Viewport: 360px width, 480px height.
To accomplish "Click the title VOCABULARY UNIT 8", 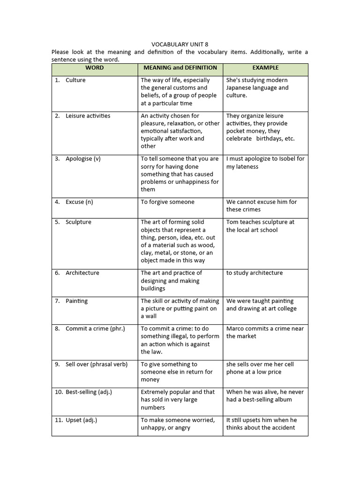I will click(180, 45).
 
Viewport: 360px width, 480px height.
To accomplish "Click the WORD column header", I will click(95, 68).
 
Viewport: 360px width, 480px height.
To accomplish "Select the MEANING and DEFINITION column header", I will click(180, 68).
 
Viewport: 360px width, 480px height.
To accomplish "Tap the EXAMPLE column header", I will click(265, 68).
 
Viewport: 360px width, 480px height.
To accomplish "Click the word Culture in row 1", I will click(75, 80).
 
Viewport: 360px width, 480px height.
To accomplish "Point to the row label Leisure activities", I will click(88, 116).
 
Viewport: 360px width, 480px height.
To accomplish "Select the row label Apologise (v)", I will click(83, 159).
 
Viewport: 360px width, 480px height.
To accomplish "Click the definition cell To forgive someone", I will click(167, 202).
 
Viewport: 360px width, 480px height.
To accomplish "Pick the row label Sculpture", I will click(78, 222).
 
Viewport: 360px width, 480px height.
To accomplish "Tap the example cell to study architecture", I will click(255, 273).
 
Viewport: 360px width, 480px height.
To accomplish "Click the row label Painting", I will click(76, 301).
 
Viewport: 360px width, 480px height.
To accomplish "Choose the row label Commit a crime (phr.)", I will click(95, 329).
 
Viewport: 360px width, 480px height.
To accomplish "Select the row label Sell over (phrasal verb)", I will click(97, 364).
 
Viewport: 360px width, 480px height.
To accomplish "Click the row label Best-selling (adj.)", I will click(89, 392).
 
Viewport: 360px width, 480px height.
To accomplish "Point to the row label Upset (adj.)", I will click(82, 420).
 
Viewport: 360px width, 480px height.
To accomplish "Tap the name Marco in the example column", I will click(235, 329).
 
